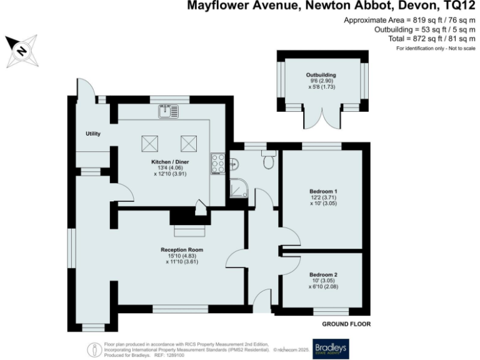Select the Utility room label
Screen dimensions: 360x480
(x=93, y=134)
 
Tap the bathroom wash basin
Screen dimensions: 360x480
(x=233, y=164)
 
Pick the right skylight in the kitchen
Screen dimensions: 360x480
(x=189, y=144)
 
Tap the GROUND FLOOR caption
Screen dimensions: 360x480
(x=346, y=324)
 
